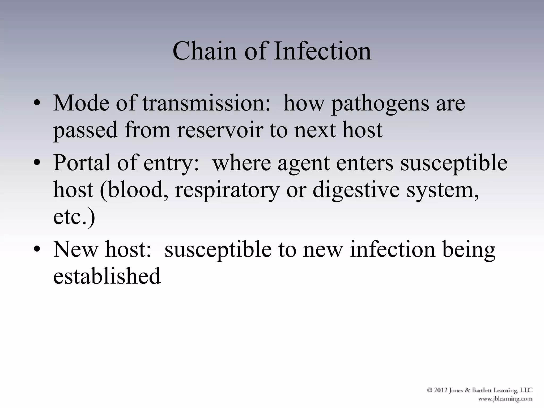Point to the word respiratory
(227, 190)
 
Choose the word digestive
(356, 190)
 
